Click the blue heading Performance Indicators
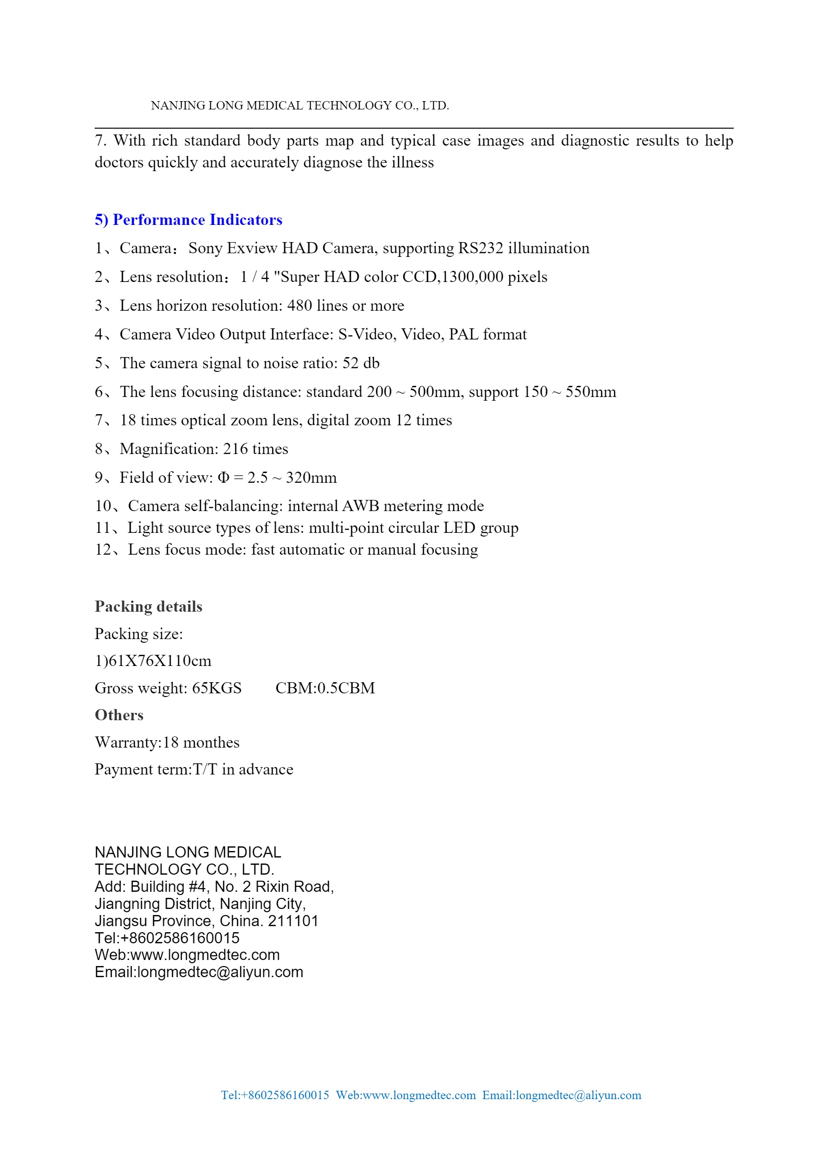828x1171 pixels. (x=188, y=220)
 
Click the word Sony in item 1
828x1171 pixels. (x=205, y=249)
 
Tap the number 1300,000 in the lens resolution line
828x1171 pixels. (x=472, y=277)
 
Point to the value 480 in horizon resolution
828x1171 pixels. (x=300, y=306)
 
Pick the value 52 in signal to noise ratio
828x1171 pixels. (x=351, y=363)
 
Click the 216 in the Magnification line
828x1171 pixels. (x=236, y=449)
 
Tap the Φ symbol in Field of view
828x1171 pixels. (x=224, y=477)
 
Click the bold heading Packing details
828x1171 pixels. (x=148, y=607)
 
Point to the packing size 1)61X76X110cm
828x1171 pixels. (x=153, y=661)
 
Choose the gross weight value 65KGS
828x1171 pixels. (x=217, y=688)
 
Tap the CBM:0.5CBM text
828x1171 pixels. (x=325, y=688)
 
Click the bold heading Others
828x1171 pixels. (x=119, y=715)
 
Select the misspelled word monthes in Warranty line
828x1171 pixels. (x=211, y=742)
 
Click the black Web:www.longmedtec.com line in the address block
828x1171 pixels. (x=187, y=955)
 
